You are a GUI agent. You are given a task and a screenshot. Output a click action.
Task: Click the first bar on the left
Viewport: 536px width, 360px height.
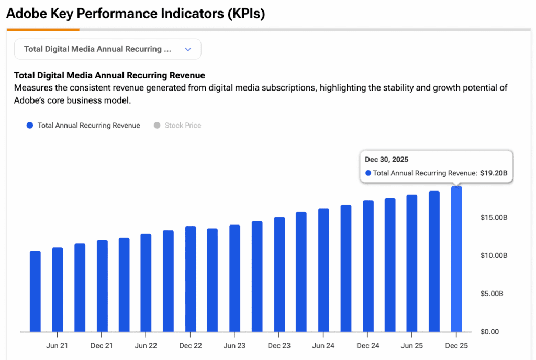coord(35,291)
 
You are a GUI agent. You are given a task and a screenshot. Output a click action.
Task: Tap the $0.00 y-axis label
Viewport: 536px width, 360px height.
coord(490,332)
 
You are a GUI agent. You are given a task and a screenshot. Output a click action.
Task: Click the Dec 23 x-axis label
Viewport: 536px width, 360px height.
coord(279,346)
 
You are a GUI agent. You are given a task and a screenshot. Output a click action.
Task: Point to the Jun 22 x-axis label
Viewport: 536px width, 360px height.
coord(146,346)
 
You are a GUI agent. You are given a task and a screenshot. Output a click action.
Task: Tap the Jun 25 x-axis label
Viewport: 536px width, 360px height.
coord(412,346)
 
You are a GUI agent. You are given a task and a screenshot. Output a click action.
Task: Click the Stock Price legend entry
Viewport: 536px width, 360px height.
coord(183,126)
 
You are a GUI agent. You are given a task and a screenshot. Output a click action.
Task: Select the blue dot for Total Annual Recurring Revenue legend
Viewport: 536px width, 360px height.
coord(30,126)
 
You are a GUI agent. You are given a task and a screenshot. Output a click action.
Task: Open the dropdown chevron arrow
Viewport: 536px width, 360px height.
coord(188,49)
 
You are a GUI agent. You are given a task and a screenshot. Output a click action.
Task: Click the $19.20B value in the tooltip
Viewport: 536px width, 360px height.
coord(494,173)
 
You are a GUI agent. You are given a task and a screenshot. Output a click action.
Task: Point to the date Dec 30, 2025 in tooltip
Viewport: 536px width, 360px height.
coord(386,159)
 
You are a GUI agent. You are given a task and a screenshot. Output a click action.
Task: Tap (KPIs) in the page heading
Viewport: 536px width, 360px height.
coord(245,14)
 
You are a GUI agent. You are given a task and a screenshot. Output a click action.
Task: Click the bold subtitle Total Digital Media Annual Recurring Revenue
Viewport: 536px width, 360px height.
coord(109,75)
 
